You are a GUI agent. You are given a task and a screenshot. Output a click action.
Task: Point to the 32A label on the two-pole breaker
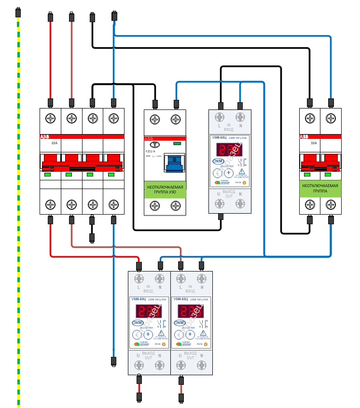[314, 143]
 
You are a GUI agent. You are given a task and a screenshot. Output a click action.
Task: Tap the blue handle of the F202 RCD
[175, 163]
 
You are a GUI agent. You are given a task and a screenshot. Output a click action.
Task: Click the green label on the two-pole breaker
[320, 188]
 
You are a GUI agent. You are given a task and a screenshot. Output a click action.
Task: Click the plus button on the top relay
[229, 173]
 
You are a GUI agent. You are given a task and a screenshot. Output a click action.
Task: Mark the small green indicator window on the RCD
[177, 143]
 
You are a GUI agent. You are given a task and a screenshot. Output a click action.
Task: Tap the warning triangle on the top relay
[241, 172]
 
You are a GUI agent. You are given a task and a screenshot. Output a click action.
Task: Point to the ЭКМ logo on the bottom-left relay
[137, 323]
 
